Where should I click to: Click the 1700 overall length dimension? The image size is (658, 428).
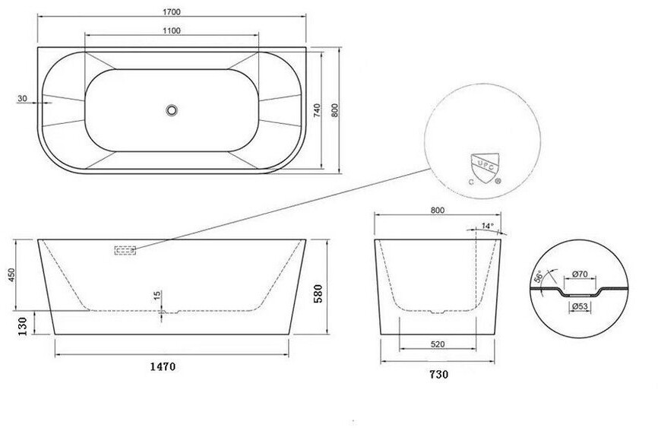point(172,11)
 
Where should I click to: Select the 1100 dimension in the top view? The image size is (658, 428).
point(172,30)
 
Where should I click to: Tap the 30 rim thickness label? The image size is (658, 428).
point(22,99)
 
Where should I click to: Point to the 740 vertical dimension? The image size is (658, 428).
point(317,110)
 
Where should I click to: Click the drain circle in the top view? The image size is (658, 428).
point(171,110)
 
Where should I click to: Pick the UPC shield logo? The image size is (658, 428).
point(485,169)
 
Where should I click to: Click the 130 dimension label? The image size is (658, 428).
point(22,326)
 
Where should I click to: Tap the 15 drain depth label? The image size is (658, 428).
point(157,295)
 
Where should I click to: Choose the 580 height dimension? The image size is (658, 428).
point(318,293)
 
